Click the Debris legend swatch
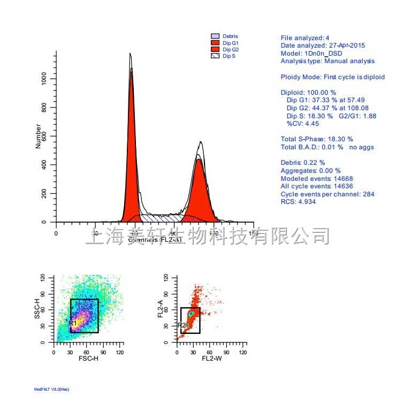pyautogui.click(x=215, y=36)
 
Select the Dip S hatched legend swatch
pyautogui.click(x=215, y=56)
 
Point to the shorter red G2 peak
pyautogui.click(x=199, y=187)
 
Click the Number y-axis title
pyautogui.click(x=38, y=136)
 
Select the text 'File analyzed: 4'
pyautogui.click(x=305, y=38)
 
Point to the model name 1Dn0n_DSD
pyautogui.click(x=323, y=54)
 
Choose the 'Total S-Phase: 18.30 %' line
pyautogui.click(x=317, y=139)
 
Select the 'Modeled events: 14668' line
pyautogui.click(x=317, y=179)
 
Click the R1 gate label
pyautogui.click(x=73, y=323)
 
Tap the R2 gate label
pyautogui.click(x=181, y=325)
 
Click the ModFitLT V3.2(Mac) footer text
pyautogui.click(x=51, y=390)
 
